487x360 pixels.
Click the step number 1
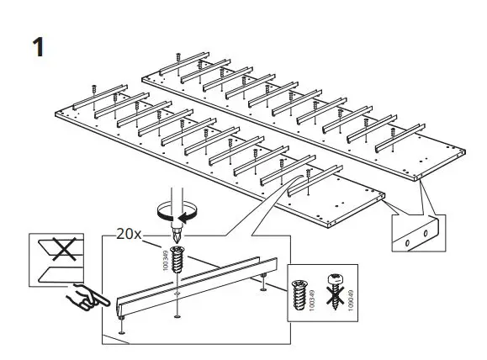(x=37, y=46)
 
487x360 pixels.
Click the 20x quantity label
(x=129, y=235)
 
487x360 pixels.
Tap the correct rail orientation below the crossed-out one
(x=60, y=270)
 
